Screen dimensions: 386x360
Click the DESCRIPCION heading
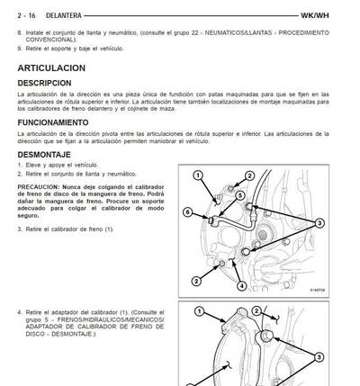pyautogui.click(x=48, y=83)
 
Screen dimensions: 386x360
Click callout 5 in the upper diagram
pyautogui.click(x=239, y=195)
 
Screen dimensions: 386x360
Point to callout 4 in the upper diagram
pyautogui.click(x=240, y=286)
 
